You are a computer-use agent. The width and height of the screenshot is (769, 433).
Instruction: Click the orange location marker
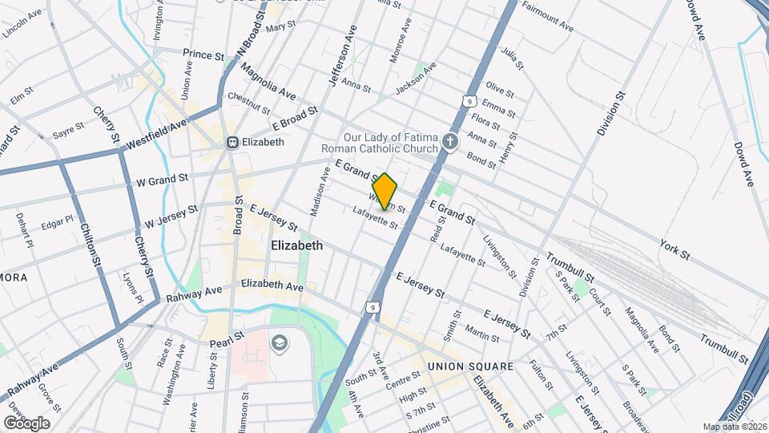coord(385,191)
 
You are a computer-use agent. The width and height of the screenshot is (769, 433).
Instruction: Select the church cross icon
coord(451,143)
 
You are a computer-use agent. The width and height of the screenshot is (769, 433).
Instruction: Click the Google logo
coord(26,423)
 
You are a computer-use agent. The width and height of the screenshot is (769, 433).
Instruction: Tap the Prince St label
coord(203,55)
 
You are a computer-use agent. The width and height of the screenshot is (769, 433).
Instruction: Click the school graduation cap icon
coord(279,343)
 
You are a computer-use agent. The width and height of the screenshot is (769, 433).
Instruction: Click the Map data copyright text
coord(733,426)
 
